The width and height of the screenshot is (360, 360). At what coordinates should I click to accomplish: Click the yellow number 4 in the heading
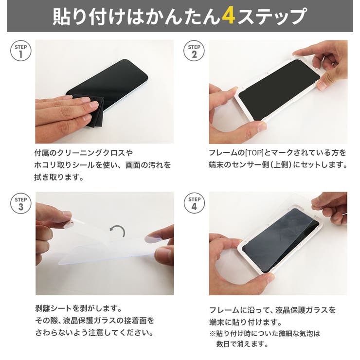[x=229, y=17]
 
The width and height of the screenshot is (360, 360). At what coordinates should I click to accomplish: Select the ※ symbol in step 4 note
[x=213, y=334]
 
